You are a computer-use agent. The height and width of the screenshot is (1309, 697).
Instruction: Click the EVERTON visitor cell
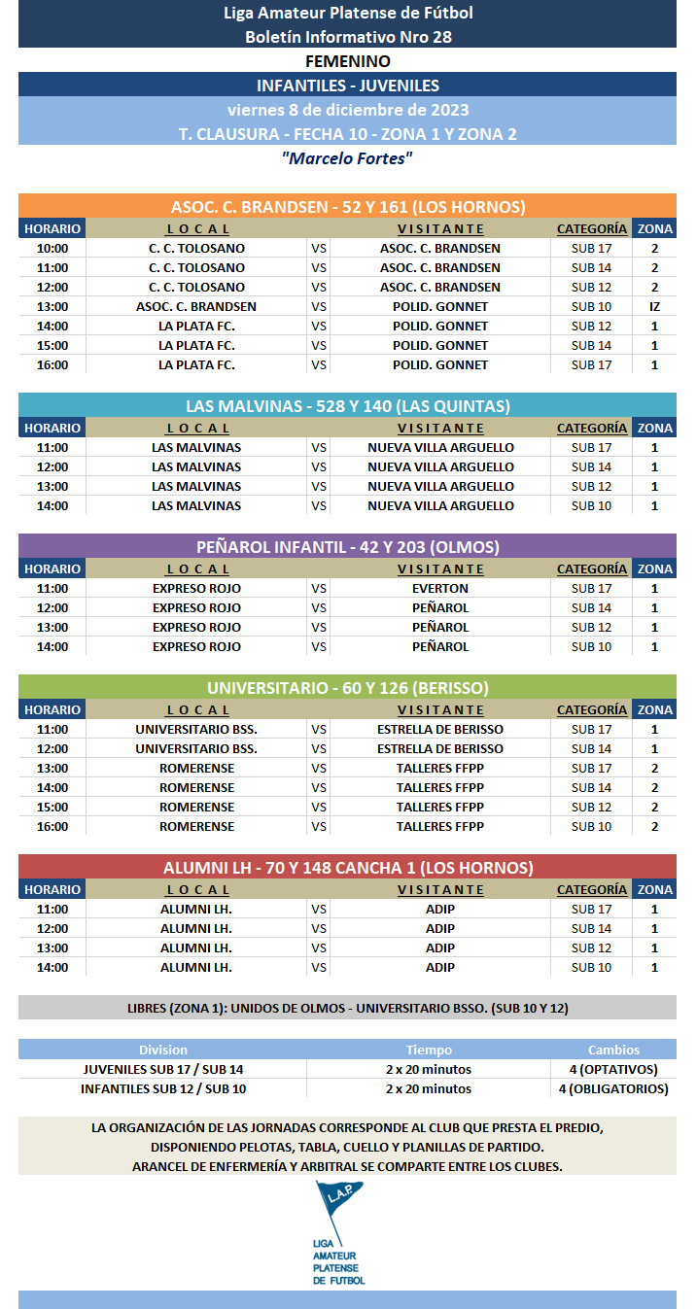[439, 588]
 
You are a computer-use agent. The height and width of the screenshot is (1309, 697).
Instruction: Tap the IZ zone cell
[654, 306]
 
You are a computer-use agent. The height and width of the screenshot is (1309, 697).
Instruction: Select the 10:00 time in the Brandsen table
[52, 248]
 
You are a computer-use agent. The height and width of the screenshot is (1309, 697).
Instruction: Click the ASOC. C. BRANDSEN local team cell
[196, 306]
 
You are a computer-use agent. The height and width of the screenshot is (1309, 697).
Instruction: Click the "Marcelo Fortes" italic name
[347, 157]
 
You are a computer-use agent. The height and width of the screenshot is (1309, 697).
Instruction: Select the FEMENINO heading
[347, 61]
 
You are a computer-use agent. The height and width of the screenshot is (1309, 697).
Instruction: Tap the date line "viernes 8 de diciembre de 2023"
[347, 109]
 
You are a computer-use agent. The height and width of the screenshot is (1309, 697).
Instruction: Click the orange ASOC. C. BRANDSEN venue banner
[347, 206]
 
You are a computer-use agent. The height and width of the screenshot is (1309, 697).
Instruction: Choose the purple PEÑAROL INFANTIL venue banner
[347, 546]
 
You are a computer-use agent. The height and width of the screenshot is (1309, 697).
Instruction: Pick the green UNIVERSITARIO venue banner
[347, 687]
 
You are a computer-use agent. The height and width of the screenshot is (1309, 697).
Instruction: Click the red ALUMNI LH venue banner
[347, 867]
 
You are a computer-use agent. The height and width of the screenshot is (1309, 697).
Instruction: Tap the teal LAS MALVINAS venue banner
[347, 405]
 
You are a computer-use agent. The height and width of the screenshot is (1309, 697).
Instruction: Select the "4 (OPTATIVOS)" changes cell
[613, 1069]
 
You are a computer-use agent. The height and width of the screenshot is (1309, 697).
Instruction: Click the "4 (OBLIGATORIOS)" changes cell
[613, 1088]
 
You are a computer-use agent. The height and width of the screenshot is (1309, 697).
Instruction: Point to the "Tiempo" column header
[429, 1050]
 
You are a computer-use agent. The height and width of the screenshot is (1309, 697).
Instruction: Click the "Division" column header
[163, 1050]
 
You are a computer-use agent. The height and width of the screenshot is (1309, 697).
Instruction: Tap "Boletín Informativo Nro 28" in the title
[347, 37]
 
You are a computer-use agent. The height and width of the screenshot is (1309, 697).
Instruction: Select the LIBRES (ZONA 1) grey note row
[347, 1008]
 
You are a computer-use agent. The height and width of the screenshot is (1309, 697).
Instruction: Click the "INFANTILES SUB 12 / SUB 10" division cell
[163, 1088]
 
